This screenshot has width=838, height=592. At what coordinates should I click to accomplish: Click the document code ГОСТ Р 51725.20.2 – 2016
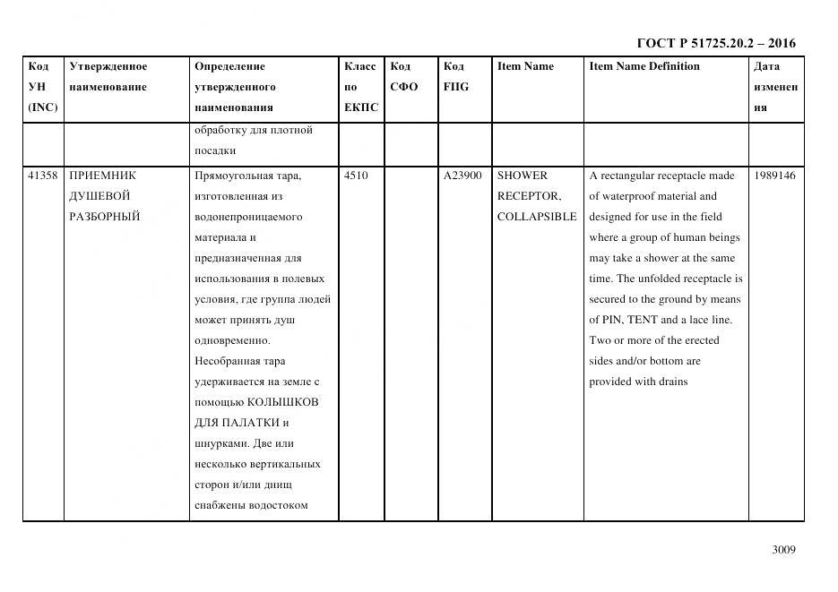[x=715, y=43]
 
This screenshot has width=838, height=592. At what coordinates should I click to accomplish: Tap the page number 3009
[x=783, y=550]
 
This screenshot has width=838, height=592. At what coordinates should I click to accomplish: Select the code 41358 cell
[x=42, y=176]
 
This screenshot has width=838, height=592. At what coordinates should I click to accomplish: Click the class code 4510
[x=356, y=176]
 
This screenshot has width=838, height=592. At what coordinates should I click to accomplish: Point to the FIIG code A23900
[x=462, y=176]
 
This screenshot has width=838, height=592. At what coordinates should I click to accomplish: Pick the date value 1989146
[x=775, y=176]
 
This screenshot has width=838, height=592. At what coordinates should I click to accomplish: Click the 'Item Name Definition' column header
[x=644, y=66]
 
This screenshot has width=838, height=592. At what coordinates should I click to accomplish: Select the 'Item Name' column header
[x=525, y=66]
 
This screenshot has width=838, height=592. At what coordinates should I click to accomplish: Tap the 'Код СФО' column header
[x=404, y=77]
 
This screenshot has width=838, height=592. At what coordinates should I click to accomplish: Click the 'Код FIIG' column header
[x=455, y=77]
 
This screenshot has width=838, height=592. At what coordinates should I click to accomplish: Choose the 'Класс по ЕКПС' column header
[x=360, y=87]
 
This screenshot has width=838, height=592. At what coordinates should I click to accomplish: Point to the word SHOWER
[x=523, y=176]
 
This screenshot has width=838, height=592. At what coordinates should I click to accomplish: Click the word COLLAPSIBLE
[x=537, y=217]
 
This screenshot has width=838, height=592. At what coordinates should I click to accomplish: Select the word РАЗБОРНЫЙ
[x=104, y=217]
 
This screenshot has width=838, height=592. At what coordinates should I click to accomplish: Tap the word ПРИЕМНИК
[x=102, y=176]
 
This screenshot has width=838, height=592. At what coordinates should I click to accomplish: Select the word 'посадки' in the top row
[x=215, y=150]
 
